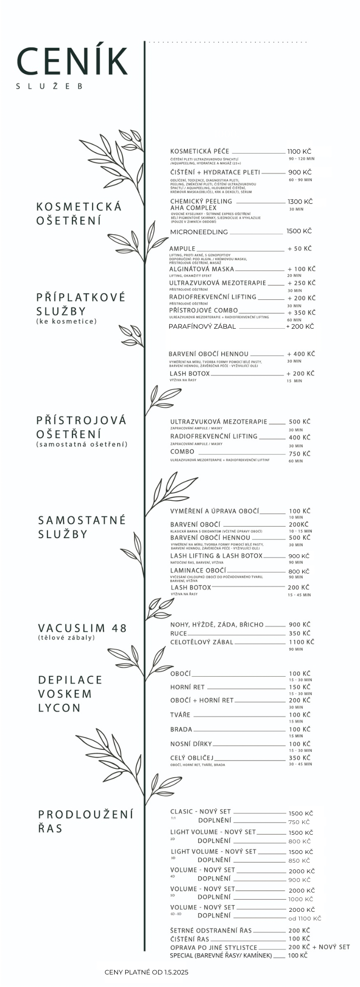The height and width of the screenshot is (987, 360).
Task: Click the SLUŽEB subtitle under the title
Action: (x=50, y=86)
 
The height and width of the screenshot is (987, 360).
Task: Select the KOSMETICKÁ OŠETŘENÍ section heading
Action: (x=79, y=213)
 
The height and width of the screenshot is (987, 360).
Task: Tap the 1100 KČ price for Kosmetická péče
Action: (x=299, y=151)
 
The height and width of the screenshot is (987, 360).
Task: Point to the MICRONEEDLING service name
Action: (x=199, y=232)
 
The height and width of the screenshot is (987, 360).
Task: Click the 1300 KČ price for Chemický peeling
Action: (x=300, y=201)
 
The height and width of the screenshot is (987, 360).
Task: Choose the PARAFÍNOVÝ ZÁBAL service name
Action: (x=202, y=326)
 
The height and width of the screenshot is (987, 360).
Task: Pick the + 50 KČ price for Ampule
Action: (x=299, y=249)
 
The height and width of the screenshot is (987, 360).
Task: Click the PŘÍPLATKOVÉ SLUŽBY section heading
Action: (x=80, y=304)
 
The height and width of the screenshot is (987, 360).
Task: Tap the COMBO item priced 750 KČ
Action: (x=182, y=452)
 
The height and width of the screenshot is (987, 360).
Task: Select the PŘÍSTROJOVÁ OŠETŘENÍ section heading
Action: (x=81, y=427)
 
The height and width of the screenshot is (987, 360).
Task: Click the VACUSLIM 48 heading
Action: (x=82, y=628)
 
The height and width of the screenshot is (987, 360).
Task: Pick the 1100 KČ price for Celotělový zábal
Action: (x=301, y=642)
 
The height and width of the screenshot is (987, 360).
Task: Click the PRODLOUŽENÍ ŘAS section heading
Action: (x=85, y=821)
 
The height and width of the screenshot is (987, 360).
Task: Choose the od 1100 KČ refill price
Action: (x=305, y=919)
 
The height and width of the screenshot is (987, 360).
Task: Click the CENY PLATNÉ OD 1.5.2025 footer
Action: (x=147, y=972)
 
